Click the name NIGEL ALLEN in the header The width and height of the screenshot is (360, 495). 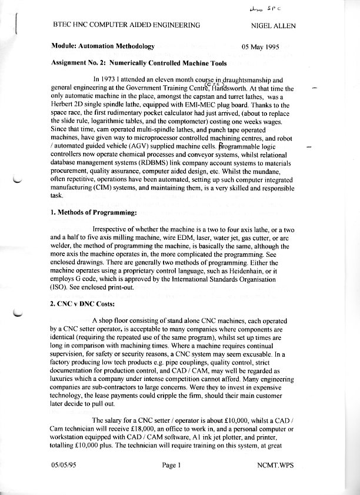pyautogui.click(x=273, y=25)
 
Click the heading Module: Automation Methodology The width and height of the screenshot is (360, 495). pyautogui.click(x=103, y=45)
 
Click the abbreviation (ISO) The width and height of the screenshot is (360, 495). pyautogui.click(x=62, y=289)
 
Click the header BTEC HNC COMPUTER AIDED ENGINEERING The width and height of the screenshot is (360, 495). pyautogui.click(x=126, y=25)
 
